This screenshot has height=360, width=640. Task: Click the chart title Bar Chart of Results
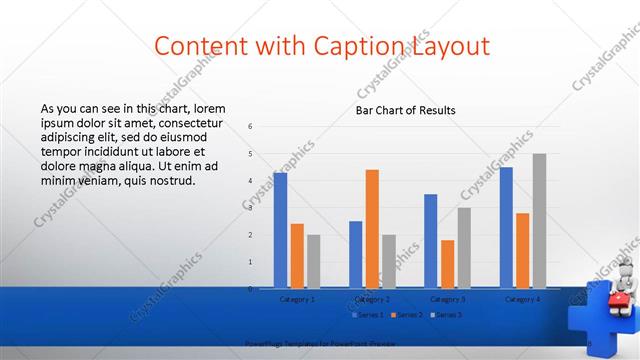[x=406, y=110]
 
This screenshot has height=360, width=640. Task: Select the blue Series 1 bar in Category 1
[x=280, y=230]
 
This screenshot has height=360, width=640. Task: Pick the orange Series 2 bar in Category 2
[x=372, y=229]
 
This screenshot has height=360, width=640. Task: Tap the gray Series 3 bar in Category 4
[x=539, y=221]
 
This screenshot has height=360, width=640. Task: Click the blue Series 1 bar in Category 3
[x=431, y=241]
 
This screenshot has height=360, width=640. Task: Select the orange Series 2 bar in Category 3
[x=447, y=264]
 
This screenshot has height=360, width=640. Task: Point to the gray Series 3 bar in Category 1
[x=313, y=261]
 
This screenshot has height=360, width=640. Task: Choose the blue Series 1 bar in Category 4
[x=506, y=227]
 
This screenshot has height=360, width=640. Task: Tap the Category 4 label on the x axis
[x=523, y=299]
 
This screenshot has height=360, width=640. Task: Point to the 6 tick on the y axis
[x=251, y=126]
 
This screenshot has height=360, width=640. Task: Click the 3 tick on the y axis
[x=251, y=207]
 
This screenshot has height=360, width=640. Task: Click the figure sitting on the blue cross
[x=619, y=285]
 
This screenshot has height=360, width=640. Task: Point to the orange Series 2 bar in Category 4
[x=523, y=250]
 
